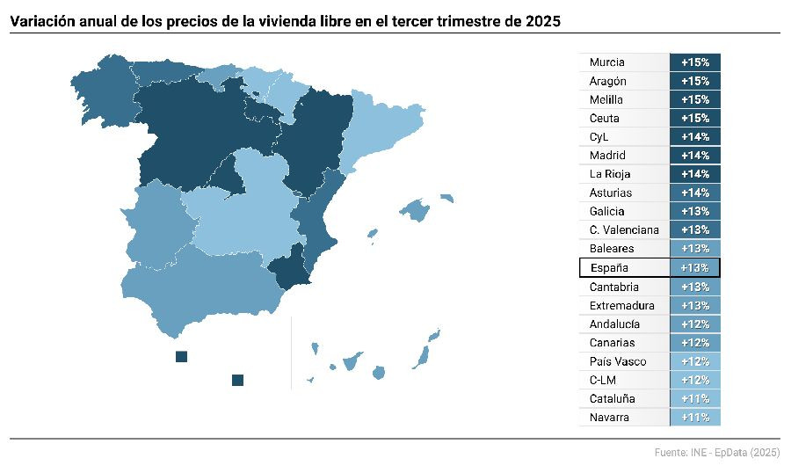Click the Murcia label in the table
click(607, 62)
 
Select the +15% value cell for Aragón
click(694, 81)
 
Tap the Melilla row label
click(606, 99)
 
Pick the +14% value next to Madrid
click(694, 156)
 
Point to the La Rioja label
click(610, 174)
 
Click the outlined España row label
click(609, 267)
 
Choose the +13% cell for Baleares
click(694, 249)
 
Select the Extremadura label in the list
click(622, 305)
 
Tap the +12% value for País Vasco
click(694, 361)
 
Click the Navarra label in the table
click(610, 418)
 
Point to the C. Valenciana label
click(624, 230)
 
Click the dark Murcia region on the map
click(292, 268)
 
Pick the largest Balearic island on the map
click(415, 210)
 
